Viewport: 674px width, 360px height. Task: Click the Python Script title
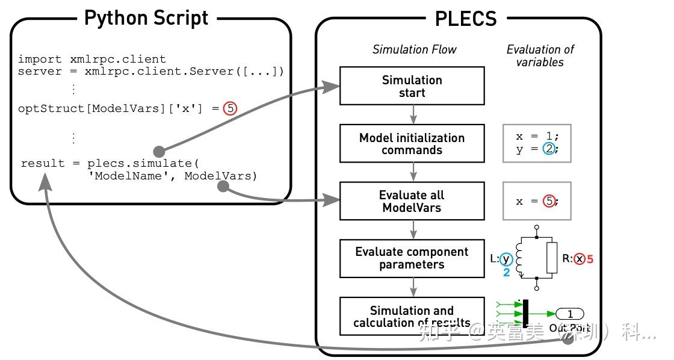pos(146,17)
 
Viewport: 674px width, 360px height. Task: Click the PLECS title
pos(465,19)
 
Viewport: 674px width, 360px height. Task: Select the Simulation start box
pos(412,86)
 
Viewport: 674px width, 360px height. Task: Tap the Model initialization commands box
pos(412,144)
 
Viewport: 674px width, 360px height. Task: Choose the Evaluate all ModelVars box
pos(412,202)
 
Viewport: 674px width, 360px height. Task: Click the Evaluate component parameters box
pos(412,258)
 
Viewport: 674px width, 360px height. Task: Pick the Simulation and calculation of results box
pos(412,316)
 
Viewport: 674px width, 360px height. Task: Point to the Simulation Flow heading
pos(414,49)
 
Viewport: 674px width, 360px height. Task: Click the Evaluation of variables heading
pos(540,55)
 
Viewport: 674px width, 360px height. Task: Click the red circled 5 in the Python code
pos(230,109)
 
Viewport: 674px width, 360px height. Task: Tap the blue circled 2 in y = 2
pos(548,149)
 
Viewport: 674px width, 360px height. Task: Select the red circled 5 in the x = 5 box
pos(548,202)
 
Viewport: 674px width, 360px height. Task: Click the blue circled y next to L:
pos(506,259)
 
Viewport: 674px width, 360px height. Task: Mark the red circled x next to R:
pos(579,259)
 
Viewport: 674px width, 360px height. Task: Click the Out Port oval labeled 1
pos(569,314)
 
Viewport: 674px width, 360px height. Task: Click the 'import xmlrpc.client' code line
pos(91,59)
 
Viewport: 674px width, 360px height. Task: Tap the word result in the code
pos(42,163)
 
